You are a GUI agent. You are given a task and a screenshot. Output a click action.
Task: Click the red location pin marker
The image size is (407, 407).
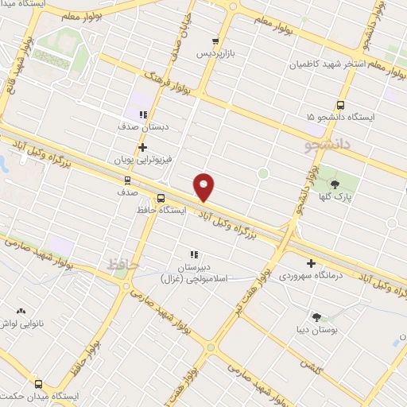click(x=205, y=187)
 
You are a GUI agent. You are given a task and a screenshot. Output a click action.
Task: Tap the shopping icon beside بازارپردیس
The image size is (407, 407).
click(x=215, y=41)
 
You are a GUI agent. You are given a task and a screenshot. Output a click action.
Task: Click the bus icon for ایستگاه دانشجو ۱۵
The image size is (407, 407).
click(x=341, y=104)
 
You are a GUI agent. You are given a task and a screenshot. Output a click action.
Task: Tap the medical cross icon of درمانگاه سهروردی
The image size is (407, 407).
click(x=311, y=263)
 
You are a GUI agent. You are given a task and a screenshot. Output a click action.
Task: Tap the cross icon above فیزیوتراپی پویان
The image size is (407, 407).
click(x=142, y=147)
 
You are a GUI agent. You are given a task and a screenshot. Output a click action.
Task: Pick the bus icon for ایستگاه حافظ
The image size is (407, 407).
click(x=161, y=198)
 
